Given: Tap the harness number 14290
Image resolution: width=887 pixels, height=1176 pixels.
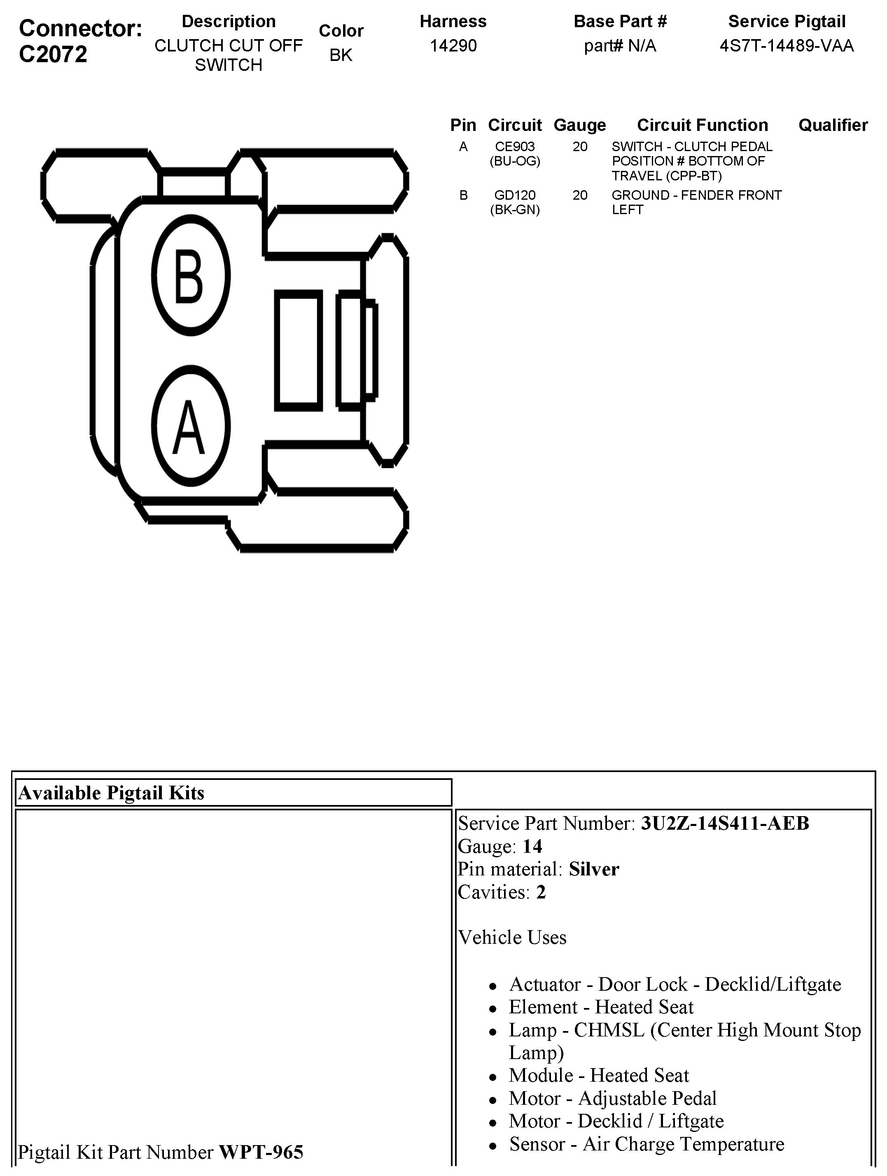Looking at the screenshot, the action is [453, 46].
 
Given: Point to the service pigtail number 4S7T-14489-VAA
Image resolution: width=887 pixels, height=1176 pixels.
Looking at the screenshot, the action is [787, 46].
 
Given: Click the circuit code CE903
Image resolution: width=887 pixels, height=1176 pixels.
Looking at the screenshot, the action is [515, 146].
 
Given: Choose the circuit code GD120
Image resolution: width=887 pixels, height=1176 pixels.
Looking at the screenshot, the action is [515, 195].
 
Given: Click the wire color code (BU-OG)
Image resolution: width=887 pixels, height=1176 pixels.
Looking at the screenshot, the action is [515, 161].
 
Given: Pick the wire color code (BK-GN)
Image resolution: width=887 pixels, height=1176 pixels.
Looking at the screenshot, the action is [515, 210].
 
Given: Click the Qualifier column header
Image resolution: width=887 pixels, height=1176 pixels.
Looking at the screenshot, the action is [833, 125].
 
